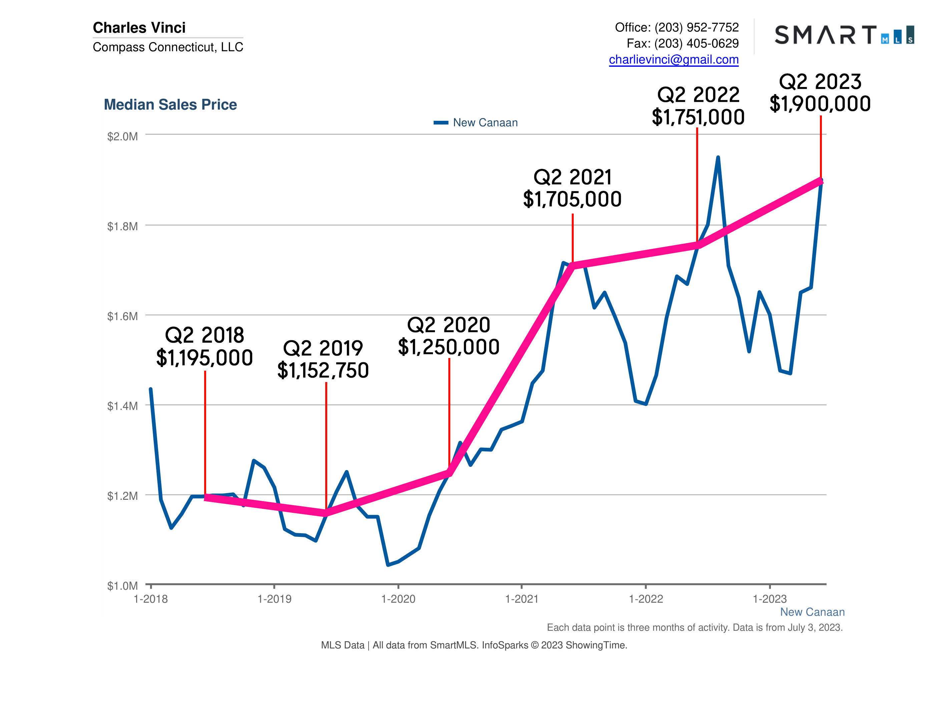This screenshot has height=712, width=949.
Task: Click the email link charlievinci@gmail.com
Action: [673, 59]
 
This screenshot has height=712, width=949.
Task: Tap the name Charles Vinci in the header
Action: [139, 27]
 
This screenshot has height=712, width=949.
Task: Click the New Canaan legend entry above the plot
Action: [485, 123]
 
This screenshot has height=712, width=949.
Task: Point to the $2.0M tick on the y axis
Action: [122, 136]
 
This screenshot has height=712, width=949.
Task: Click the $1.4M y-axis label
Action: [122, 406]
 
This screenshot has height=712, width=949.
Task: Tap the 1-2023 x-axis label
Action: [770, 599]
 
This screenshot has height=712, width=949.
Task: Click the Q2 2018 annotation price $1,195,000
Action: [204, 358]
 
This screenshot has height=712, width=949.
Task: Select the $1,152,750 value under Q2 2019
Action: [323, 370]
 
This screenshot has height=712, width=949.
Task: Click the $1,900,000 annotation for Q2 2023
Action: [820, 103]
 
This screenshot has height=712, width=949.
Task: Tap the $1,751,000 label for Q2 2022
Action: [698, 117]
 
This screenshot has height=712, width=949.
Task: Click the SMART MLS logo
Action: [844, 35]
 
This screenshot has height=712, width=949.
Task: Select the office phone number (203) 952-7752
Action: [696, 27]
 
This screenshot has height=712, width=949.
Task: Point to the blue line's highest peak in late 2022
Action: [718, 157]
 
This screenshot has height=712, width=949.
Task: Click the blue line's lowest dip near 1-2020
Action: [388, 565]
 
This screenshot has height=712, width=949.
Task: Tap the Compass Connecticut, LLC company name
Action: [168, 47]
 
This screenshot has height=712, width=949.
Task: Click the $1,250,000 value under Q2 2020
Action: [448, 347]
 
